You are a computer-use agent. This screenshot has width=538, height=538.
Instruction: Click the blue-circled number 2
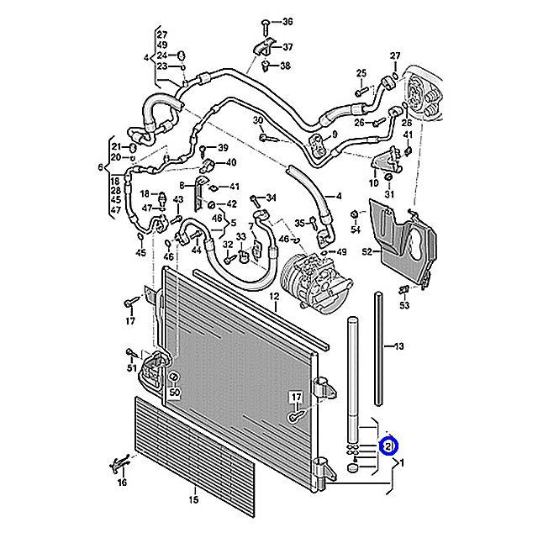tap(388, 446)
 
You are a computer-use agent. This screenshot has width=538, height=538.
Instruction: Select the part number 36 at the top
tap(287, 21)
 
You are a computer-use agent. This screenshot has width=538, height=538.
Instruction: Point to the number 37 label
tap(287, 46)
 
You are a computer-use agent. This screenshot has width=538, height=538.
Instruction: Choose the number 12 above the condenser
tap(273, 298)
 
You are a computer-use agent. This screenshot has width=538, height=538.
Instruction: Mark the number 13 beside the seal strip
tap(398, 345)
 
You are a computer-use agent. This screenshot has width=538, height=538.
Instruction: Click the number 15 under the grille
tap(193, 501)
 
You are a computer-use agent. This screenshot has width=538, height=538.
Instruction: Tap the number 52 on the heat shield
tap(367, 251)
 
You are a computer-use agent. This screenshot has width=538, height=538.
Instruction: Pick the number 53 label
tap(404, 306)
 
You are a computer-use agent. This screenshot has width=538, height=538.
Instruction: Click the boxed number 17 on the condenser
tap(296, 397)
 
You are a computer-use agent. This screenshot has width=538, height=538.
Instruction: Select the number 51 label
tap(131, 368)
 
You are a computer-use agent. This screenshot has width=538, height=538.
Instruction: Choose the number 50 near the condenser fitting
tap(175, 392)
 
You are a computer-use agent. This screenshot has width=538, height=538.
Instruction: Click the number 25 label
tap(361, 72)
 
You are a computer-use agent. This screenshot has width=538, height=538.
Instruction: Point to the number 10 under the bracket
tap(374, 182)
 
